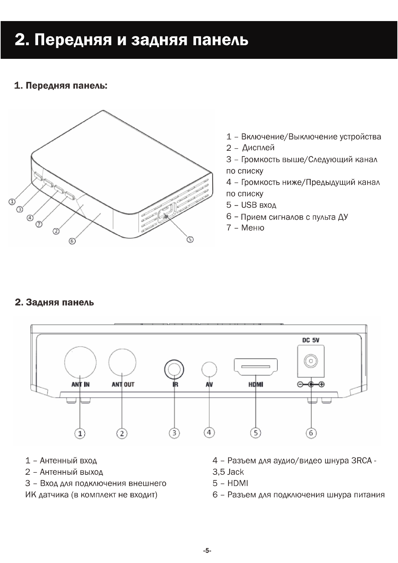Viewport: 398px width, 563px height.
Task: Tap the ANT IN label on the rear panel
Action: point(80,384)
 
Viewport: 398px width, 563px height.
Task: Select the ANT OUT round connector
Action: point(122,363)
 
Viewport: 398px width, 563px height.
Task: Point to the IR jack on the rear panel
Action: point(174,369)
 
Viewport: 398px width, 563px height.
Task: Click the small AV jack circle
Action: point(209,369)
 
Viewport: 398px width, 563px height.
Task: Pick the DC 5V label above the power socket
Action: point(311,341)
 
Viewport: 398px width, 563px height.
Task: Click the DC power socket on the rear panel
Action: point(311,361)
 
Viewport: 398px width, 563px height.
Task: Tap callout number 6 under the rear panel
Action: point(311,433)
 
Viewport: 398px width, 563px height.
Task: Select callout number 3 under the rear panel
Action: point(174,433)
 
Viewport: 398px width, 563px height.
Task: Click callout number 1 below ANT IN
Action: point(80,434)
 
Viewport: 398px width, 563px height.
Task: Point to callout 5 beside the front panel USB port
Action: point(190,239)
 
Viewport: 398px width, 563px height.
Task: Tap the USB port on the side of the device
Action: point(166,213)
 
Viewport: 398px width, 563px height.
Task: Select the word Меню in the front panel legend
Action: point(253,228)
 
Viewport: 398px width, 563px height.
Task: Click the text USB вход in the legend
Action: point(259,205)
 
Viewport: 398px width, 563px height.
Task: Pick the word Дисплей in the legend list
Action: point(258,148)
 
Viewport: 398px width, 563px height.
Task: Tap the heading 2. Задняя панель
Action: point(55,303)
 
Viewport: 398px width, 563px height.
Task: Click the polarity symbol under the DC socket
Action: point(311,384)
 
